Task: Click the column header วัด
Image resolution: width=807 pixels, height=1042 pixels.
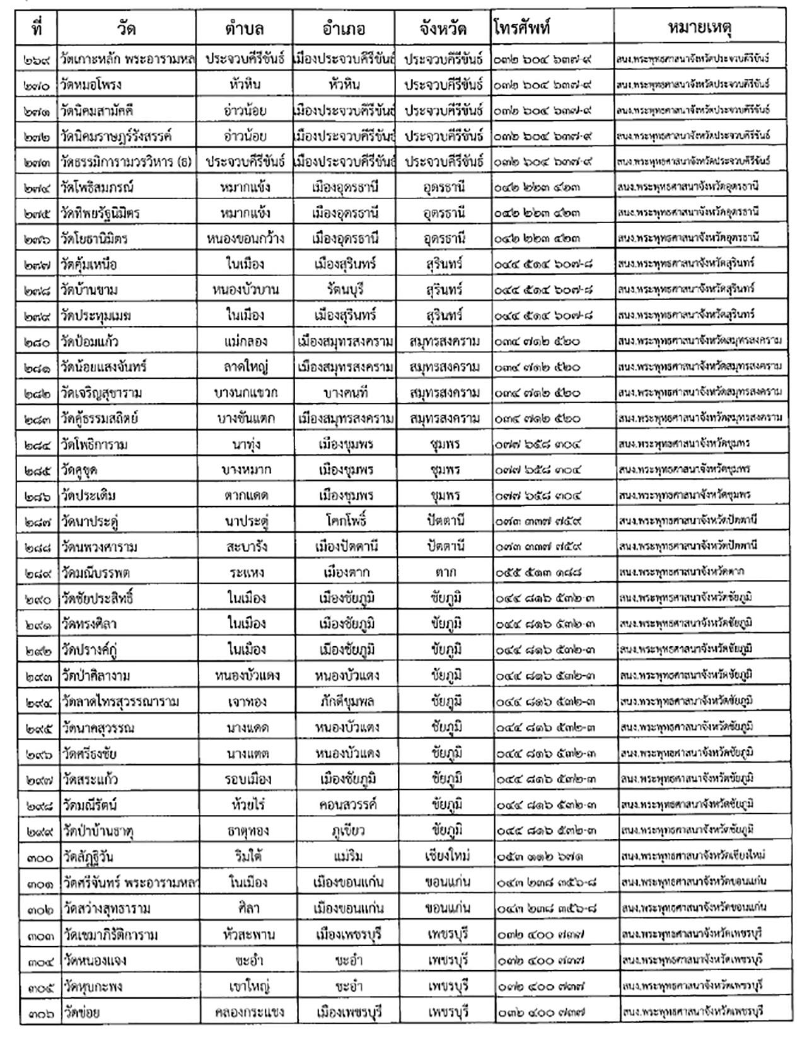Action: click(x=126, y=28)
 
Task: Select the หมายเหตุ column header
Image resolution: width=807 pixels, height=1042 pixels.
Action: click(x=700, y=28)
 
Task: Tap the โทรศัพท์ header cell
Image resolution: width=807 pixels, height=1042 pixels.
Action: click(x=523, y=28)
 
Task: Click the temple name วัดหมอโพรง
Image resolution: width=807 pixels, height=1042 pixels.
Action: click(x=91, y=84)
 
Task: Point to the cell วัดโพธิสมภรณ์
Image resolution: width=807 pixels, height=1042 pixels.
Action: click(x=98, y=187)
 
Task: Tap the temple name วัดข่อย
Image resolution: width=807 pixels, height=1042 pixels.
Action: click(x=82, y=1012)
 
